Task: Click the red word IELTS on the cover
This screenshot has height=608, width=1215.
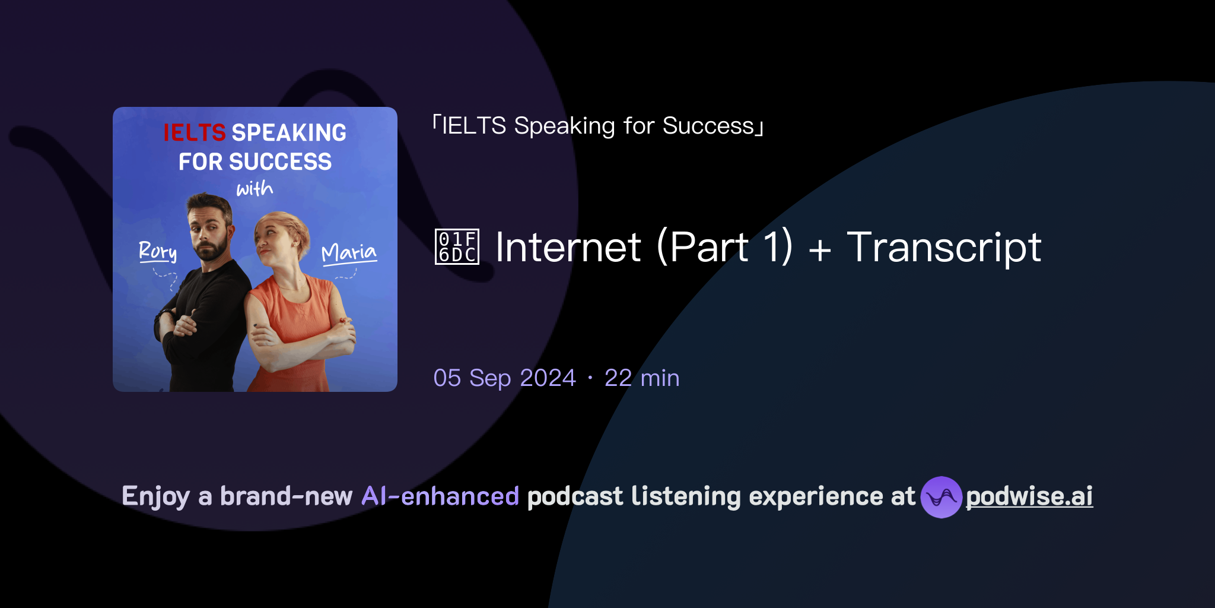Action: pos(194,132)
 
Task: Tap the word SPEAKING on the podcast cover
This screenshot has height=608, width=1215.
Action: pos(289,132)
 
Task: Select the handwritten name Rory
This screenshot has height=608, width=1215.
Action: pos(157,251)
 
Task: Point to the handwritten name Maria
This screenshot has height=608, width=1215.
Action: pos(349,253)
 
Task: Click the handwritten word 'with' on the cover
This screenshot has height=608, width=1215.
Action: pos(255,189)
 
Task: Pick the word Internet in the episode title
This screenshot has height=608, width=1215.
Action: pos(568,247)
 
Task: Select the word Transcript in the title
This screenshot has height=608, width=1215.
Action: pos(944,247)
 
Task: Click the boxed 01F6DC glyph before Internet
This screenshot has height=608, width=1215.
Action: pos(457,247)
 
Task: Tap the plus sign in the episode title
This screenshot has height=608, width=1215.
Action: pos(819,249)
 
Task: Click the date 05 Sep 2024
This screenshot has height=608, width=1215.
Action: pos(504,378)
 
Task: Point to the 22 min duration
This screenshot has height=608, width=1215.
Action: pos(642,378)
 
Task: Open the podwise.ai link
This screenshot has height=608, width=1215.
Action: pos(1029,496)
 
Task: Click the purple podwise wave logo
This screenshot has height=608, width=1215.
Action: pos(941,497)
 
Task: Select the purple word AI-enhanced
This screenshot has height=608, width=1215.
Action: pos(440,496)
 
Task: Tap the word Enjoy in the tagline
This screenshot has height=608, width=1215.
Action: pos(155,496)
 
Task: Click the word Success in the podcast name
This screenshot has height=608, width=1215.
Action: pos(708,126)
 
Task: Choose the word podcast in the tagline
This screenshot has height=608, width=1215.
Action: pos(575,496)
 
